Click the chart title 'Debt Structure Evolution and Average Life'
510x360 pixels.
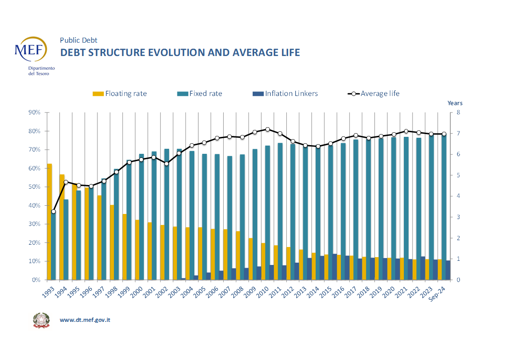coord(180,52)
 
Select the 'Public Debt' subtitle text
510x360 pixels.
coord(79,40)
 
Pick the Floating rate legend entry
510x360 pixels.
coord(120,94)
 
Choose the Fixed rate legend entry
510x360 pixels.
coord(199,94)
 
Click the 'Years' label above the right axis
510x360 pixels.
coord(455,103)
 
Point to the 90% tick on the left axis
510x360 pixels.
coord(34,112)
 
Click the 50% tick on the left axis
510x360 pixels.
coord(34,187)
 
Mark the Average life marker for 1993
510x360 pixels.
coord(54,212)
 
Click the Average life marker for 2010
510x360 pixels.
coord(267,129)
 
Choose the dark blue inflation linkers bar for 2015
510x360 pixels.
coord(334,267)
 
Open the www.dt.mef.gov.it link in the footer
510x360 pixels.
coord(85,320)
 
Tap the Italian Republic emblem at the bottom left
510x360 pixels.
coord(41,320)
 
